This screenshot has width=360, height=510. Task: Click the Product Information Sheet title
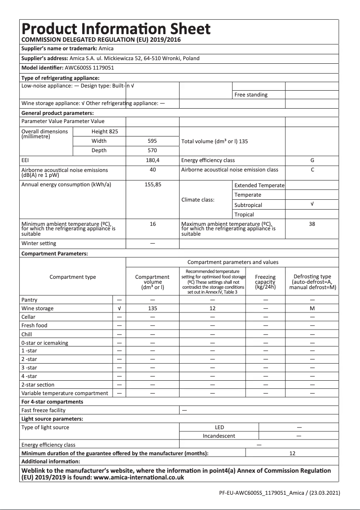point(116,29)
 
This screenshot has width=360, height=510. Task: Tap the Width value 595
point(152,141)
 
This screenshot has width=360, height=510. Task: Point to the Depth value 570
point(152,150)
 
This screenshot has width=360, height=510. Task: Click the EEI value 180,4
point(152,160)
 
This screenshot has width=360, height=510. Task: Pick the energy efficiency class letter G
point(312,160)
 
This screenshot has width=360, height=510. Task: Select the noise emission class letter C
point(312,170)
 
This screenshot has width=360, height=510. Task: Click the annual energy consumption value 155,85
point(153,185)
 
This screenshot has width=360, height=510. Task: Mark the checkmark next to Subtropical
point(312,204)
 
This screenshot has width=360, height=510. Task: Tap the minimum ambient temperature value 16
point(153,224)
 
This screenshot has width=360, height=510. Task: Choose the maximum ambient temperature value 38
point(312,224)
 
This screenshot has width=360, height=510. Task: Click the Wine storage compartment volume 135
point(153,308)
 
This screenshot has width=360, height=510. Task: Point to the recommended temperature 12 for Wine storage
point(213,308)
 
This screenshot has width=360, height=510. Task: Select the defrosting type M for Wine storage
point(312,308)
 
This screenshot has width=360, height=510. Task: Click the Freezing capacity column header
point(265,282)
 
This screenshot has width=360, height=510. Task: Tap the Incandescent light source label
point(219,435)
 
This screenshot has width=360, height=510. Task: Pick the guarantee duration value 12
point(292,453)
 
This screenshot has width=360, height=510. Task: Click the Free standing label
point(251,95)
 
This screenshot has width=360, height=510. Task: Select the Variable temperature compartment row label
point(65,393)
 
